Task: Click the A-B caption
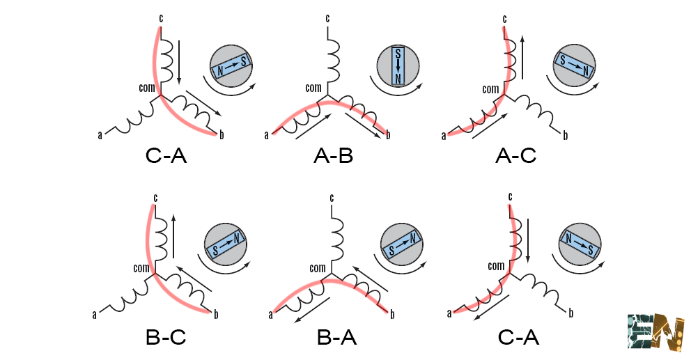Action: (x=333, y=157)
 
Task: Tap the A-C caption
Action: (x=515, y=157)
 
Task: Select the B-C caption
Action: (x=166, y=338)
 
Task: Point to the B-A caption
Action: (x=337, y=338)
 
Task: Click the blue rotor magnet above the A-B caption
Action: (x=398, y=66)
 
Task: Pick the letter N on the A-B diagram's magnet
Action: (x=398, y=79)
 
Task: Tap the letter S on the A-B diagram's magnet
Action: (x=398, y=54)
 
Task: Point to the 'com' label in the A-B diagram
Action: (x=313, y=88)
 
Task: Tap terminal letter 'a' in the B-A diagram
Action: (x=270, y=315)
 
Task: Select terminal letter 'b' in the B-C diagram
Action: (x=216, y=315)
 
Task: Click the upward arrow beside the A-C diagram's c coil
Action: (x=522, y=56)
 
